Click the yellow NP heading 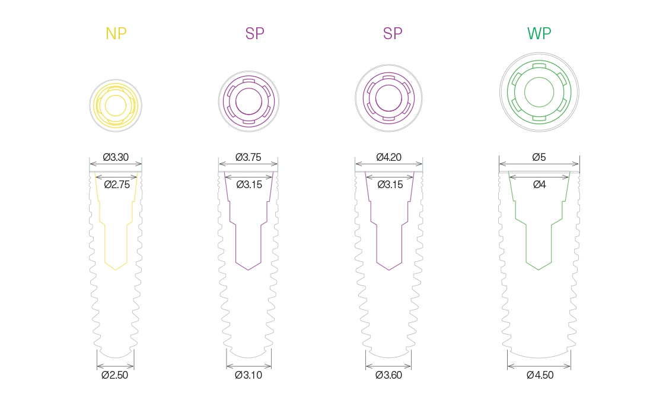(116, 33)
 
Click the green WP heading (539, 33)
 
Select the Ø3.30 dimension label (116, 157)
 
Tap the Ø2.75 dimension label (117, 185)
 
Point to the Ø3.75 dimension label (249, 157)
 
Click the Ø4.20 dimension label (388, 157)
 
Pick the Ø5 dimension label (539, 157)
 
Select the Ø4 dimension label (539, 185)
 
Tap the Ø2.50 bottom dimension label (115, 375)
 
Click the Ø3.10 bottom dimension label (249, 375)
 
